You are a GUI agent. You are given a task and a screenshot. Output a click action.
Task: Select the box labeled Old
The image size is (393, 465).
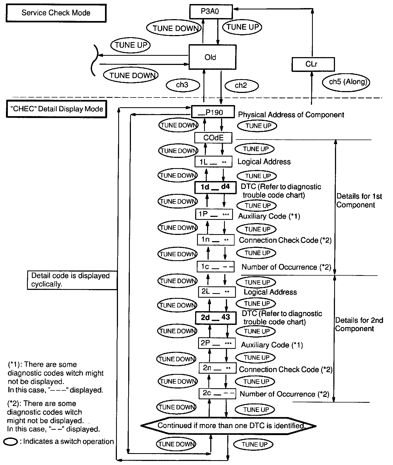pos(212,57)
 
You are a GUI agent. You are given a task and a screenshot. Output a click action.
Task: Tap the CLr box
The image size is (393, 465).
pos(313,64)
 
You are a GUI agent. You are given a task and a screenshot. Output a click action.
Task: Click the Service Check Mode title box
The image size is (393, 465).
pos(56,13)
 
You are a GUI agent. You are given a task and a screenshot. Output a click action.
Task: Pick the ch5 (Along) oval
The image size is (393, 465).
pos(346,82)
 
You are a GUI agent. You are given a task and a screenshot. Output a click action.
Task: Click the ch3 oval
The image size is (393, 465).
pos(182,85)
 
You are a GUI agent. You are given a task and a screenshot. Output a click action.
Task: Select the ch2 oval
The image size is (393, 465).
pos(241,86)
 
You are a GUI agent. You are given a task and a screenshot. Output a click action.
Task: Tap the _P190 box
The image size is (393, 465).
pos(213,112)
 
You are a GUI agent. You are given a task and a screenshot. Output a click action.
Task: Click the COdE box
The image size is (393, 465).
pos(213,138)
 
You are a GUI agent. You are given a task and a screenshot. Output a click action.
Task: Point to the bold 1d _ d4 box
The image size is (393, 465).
pos(215,187)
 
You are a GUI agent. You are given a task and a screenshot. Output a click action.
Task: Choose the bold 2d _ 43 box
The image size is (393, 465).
pos(216,318)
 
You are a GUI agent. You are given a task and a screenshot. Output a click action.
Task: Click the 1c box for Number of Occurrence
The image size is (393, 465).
pos(215,267)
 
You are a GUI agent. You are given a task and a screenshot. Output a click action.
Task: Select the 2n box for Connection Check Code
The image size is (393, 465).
pos(218,368)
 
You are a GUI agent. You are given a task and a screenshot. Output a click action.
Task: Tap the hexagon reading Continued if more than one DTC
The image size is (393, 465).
pos(228,426)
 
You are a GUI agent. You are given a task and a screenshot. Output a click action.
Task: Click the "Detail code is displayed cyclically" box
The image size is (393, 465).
pos(72,280)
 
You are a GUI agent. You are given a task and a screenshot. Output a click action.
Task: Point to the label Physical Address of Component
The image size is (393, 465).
pos(291,115)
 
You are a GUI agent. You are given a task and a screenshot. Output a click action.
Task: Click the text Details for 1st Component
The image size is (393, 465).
pos(359,201)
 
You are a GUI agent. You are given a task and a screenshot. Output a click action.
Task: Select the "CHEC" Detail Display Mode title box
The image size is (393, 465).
pos(56,109)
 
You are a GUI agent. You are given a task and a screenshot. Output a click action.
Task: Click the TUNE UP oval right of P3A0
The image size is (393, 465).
pos(242,27)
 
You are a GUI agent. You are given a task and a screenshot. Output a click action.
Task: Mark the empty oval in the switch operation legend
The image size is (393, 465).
pos(11,442)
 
